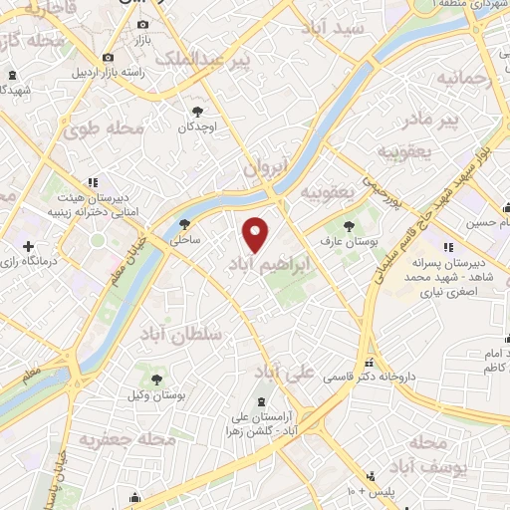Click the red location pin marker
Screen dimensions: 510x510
(x=256, y=234)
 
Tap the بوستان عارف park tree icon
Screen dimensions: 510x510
(x=349, y=227)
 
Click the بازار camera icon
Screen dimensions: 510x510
(x=143, y=24)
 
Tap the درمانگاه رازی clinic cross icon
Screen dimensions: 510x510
(x=28, y=245)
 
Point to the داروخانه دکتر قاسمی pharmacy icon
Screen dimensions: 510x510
(x=370, y=363)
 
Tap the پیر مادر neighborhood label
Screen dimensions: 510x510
(x=430, y=121)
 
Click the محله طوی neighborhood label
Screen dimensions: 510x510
(x=104, y=128)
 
